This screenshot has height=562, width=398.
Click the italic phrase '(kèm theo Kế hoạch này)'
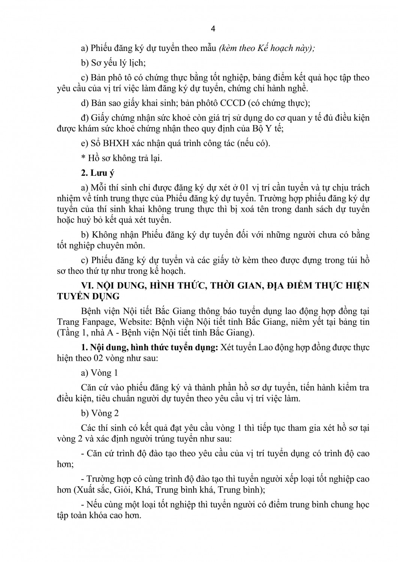(x=267, y=48)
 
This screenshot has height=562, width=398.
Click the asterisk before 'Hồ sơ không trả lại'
(x=83, y=158)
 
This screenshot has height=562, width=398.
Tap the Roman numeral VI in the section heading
(x=87, y=286)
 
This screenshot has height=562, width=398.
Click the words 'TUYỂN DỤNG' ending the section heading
(x=88, y=296)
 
